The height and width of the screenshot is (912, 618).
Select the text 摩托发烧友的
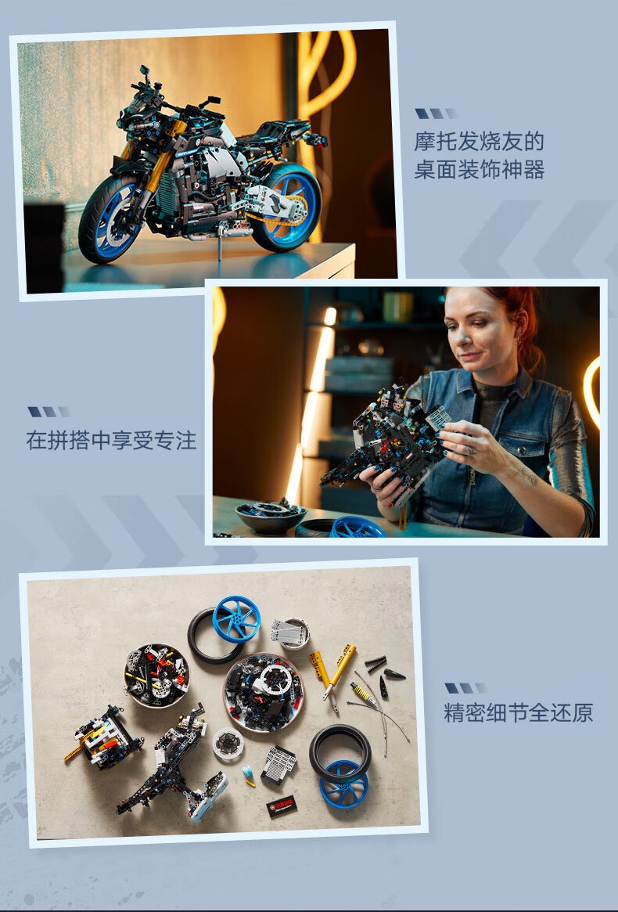(479, 142)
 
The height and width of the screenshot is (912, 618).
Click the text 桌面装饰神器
(479, 170)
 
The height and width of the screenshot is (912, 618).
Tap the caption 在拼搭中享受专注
(111, 440)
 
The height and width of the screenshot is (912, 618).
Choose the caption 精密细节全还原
(519, 712)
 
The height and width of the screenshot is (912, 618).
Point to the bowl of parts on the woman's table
(271, 516)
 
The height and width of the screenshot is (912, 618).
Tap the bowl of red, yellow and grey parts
(156, 675)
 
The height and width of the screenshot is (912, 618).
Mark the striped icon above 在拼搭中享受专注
(49, 412)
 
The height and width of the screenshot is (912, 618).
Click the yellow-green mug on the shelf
(397, 306)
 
